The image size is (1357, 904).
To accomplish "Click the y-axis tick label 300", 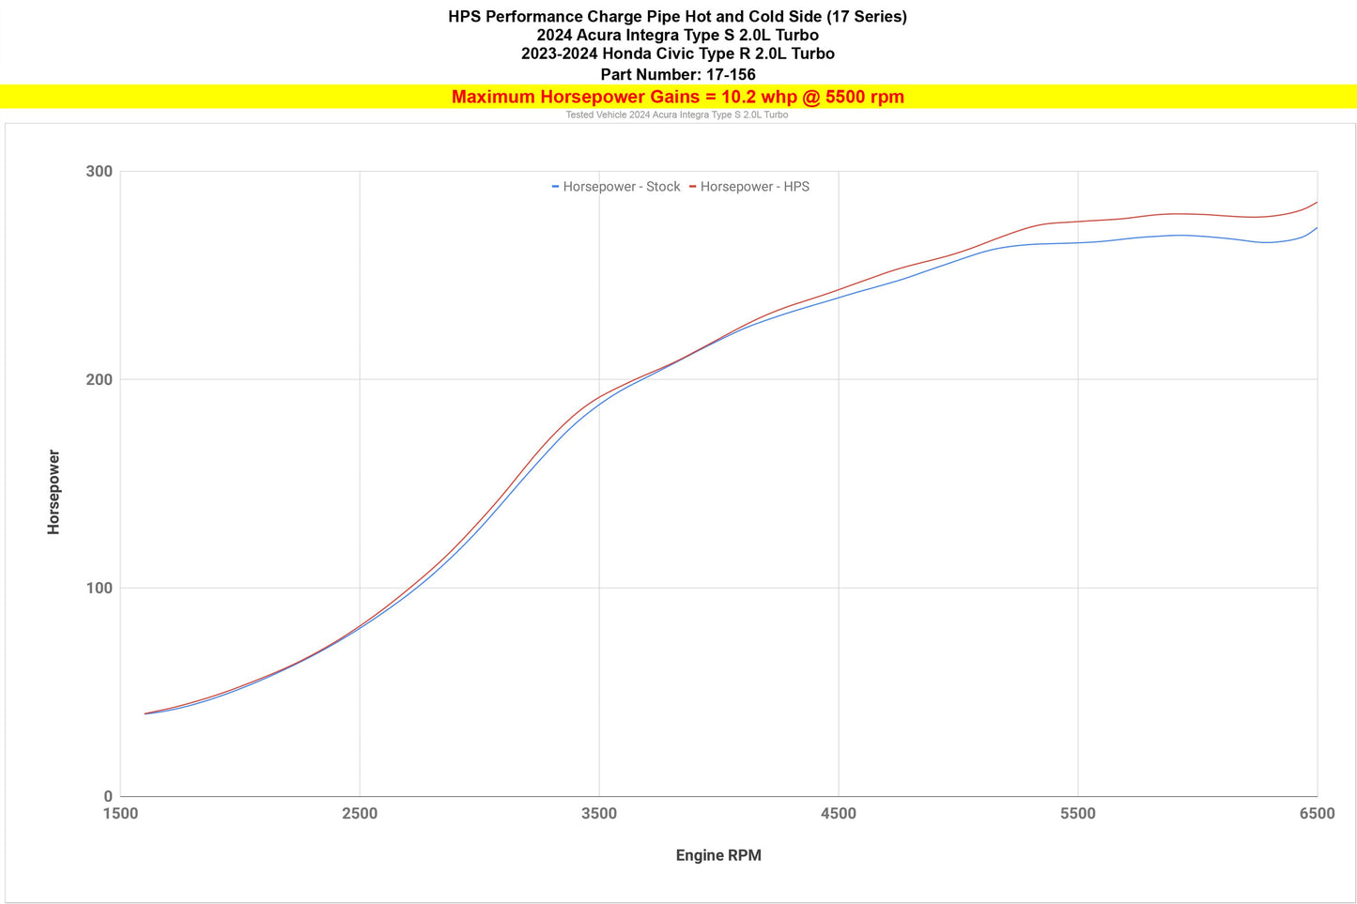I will pos(99,172).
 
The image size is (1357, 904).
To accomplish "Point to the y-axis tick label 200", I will pos(99,380).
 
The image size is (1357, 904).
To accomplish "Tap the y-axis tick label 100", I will pos(99,589).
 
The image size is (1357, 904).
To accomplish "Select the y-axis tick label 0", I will pos(107,797).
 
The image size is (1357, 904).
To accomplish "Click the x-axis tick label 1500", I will pos(120,814).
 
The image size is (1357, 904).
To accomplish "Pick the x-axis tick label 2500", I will pos(360,814).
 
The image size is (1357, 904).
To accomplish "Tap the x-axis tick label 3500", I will pos(599,814).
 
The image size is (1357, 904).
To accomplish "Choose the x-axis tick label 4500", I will pos(839,814).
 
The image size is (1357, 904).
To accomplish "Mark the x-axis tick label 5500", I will pos(1078,814).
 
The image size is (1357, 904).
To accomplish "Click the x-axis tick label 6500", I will pos(1317,814).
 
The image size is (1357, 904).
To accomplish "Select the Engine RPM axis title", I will pos(718,855).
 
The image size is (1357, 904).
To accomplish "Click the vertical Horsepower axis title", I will pos(54,493).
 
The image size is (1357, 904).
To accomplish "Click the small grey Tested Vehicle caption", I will pos(676,115).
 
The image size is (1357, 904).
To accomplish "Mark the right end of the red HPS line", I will pos(1317,203).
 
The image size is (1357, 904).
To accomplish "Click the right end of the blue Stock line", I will pos(1317,228).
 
